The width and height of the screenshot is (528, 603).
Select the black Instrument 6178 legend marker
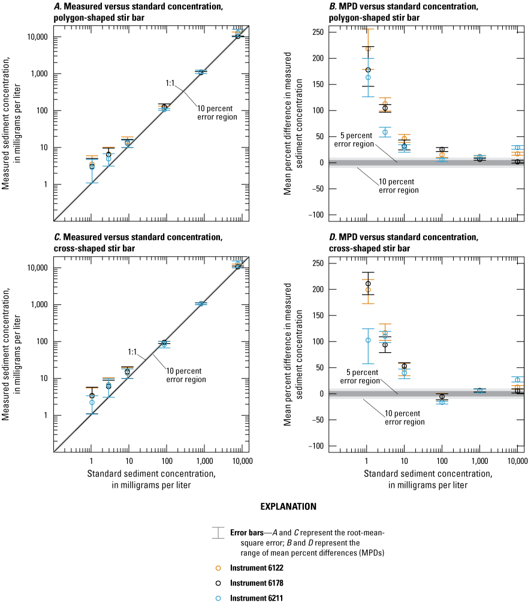218,582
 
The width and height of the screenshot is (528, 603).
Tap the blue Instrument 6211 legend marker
218,597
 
